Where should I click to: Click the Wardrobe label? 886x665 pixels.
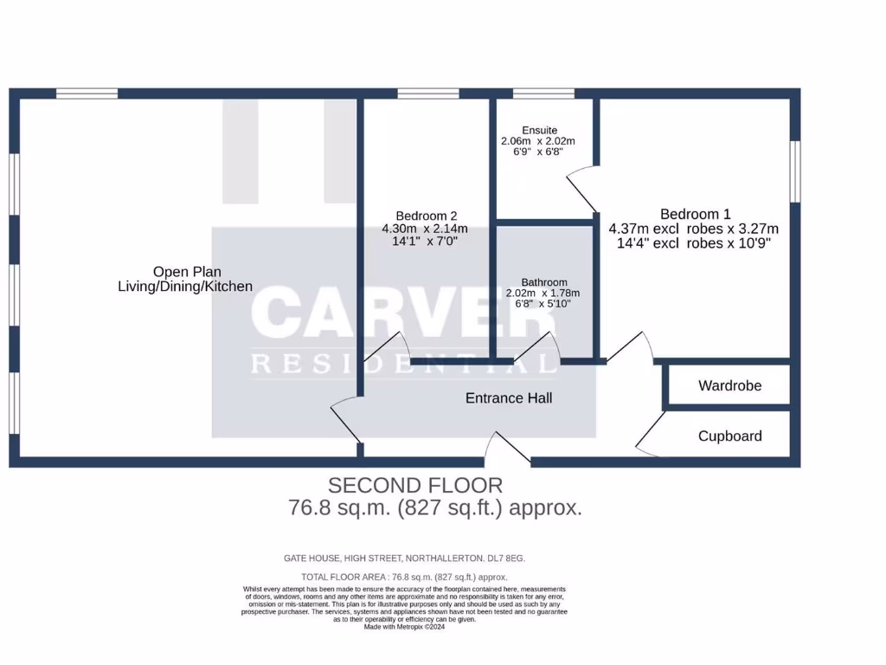(729, 385)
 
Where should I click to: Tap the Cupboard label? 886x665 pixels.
(729, 436)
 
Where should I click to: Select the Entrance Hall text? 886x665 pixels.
(509, 398)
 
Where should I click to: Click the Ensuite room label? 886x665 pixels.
(539, 130)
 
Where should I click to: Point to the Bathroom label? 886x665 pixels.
(543, 282)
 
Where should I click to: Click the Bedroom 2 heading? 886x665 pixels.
(426, 216)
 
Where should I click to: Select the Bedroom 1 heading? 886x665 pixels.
(695, 214)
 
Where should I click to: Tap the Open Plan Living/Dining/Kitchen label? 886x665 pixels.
(185, 278)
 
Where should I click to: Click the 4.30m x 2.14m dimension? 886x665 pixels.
(425, 229)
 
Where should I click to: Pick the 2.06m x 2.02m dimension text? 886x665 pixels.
(538, 140)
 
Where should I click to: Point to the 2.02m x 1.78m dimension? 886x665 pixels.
(543, 294)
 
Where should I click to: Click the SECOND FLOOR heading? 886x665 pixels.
(415, 485)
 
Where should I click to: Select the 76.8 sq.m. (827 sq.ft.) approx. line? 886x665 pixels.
(434, 507)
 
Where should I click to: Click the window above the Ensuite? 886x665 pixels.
(543, 94)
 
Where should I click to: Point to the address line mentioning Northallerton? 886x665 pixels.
(404, 558)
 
